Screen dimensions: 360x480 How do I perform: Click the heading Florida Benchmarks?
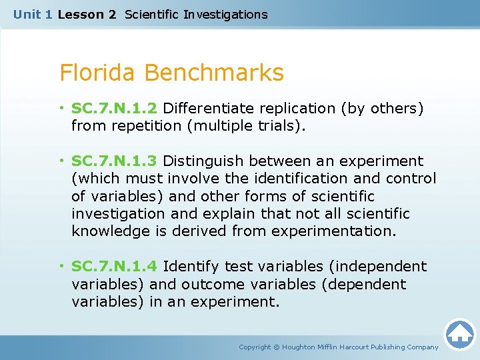coord(171,73)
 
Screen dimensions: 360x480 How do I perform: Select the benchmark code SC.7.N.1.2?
coord(115,108)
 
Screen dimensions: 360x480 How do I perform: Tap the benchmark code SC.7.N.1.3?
coord(115,161)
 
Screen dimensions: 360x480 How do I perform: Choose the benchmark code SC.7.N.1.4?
coord(115,266)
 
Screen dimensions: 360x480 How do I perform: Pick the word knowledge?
coord(111,231)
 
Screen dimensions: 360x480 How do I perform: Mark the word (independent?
coord(377,266)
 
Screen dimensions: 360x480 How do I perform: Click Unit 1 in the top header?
coord(33,14)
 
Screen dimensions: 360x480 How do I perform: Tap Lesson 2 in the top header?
coord(87,14)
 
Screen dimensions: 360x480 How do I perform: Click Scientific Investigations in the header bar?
coord(196,14)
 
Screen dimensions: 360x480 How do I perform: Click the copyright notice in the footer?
coord(339,347)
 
